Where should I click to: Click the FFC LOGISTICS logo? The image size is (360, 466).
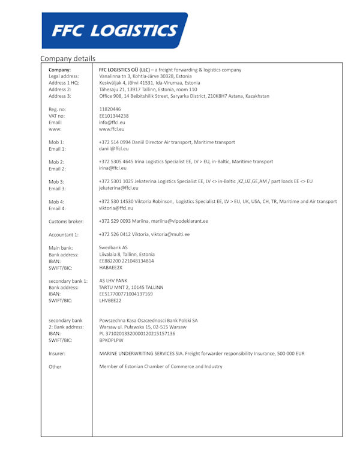coord(114,31)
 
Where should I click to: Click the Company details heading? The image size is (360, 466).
coord(67,59)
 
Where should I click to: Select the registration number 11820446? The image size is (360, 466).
coord(110,109)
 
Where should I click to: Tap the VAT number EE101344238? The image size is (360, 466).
coord(114,116)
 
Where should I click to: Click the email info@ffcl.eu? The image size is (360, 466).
coord(112,123)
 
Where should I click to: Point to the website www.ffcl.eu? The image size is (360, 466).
coord(112,129)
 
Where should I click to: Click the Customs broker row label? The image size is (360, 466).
coord(67,222)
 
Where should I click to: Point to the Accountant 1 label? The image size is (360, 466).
coord(64,235)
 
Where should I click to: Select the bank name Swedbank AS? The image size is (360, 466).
coord(113,247)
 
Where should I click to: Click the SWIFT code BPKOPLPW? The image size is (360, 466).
coord(112,340)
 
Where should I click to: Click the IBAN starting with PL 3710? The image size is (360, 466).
coord(137,333)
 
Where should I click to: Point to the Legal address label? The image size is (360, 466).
coord(64,76)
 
